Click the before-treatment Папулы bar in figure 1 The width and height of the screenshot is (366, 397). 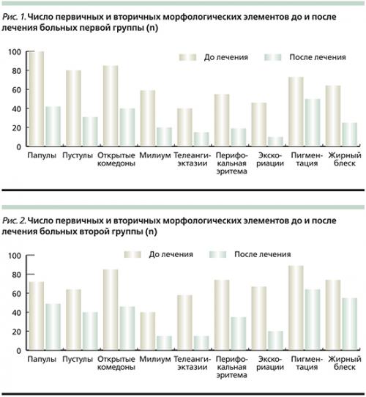point(37,99)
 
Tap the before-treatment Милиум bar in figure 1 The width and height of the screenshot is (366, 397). point(146,119)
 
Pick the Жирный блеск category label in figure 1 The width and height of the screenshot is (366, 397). point(342,160)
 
